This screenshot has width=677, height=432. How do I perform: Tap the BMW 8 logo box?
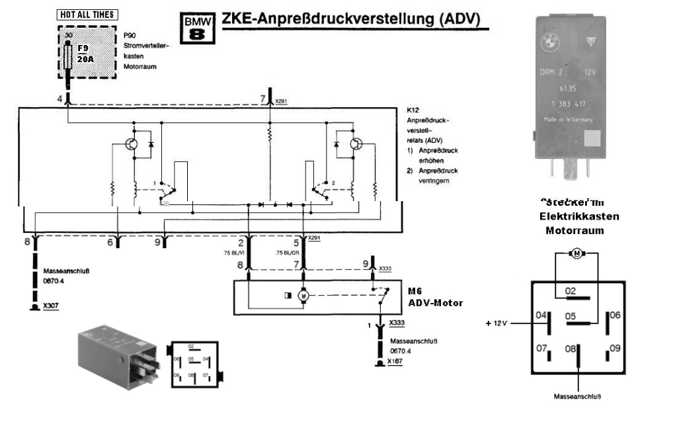pos(196,28)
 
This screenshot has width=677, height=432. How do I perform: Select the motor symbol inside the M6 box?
pos(304,296)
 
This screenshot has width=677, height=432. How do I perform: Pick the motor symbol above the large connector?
pos(575,254)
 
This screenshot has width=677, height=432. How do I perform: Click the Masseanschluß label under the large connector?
pos(578,397)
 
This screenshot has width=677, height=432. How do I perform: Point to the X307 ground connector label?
pos(49,308)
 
